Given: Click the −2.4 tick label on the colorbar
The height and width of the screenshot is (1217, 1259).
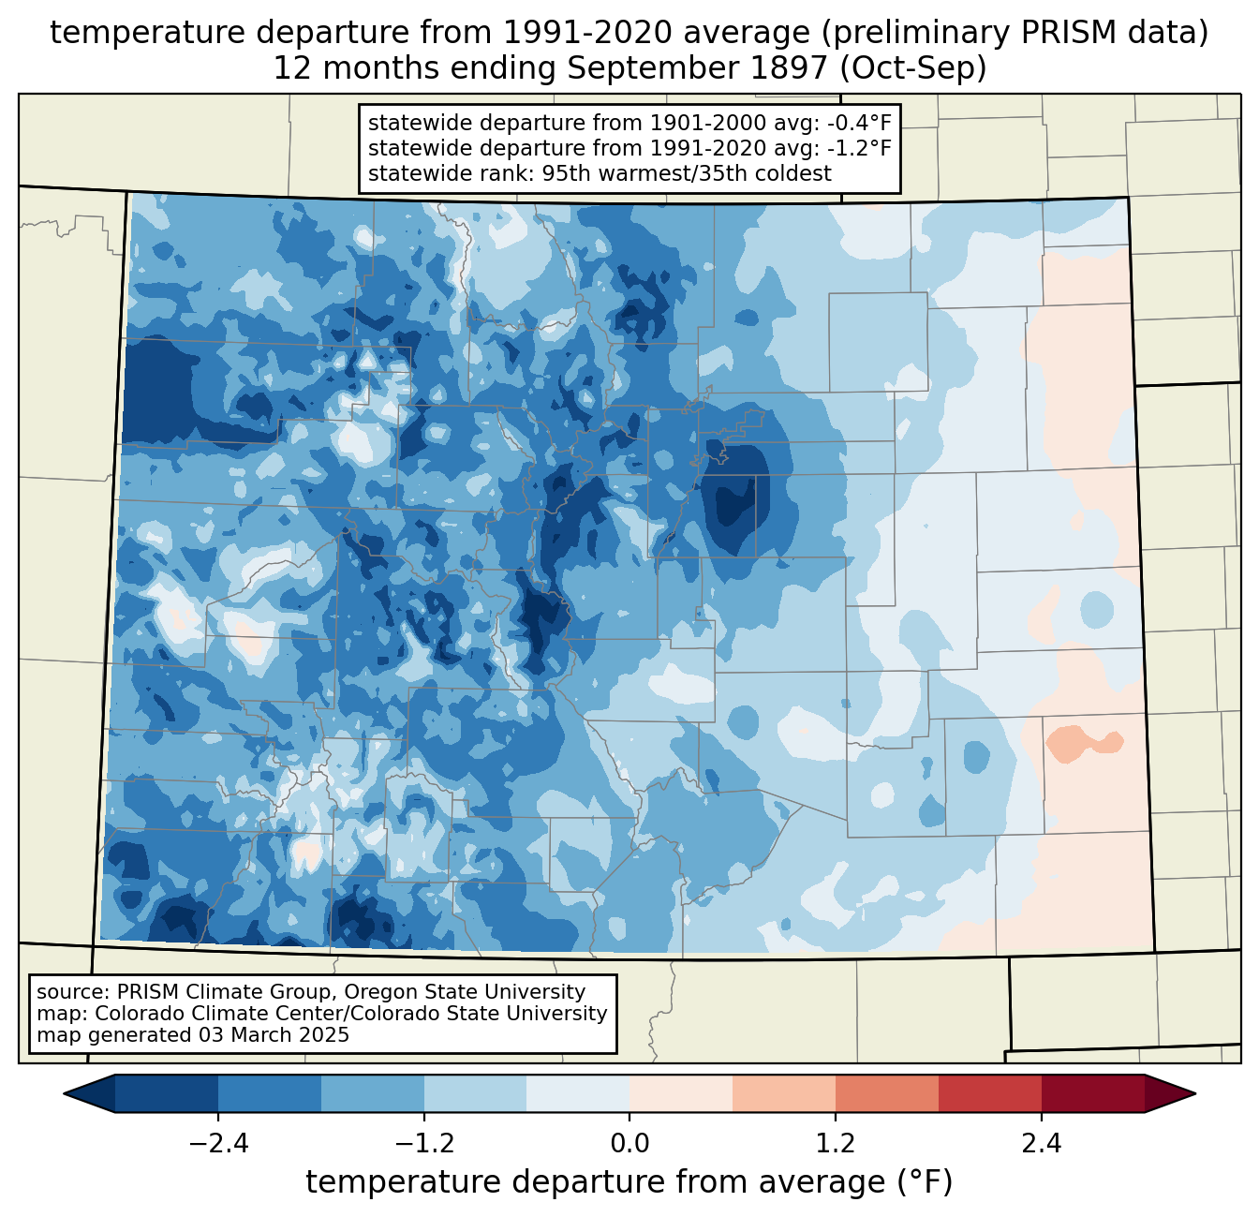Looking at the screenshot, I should click(x=218, y=1144).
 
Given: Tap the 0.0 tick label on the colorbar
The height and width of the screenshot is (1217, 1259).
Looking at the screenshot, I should click(x=629, y=1144).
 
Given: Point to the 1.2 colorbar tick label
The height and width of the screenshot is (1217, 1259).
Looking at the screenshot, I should click(x=836, y=1144).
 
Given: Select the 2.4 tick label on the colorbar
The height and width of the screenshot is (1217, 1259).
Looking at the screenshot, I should click(x=1042, y=1144).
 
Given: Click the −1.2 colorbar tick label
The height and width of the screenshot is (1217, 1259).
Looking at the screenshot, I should click(x=424, y=1144).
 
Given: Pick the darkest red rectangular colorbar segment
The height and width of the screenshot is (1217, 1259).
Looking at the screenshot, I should click(x=1092, y=1093).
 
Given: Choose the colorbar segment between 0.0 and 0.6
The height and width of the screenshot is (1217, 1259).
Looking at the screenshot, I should click(x=681, y=1093).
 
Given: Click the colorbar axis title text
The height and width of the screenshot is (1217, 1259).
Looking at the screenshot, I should click(x=629, y=1182).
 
